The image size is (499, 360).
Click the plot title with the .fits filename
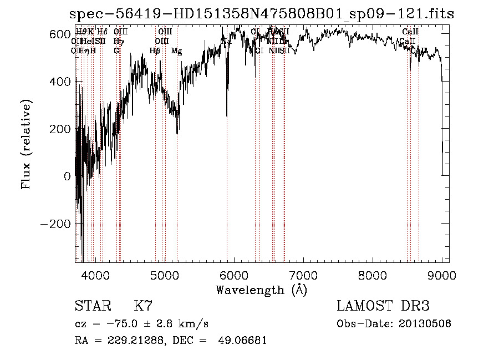click(261, 14)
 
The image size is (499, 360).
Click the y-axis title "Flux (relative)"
click(26, 144)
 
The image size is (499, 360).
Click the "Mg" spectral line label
click(176, 51)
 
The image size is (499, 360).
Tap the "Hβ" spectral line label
click(155, 51)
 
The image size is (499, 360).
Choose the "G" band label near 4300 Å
click(116, 51)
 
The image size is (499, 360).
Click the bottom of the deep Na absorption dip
click(227, 115)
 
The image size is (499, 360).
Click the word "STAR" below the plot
click(91, 306)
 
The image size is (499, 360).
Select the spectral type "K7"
click(143, 306)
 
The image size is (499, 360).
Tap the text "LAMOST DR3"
click(383, 306)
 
